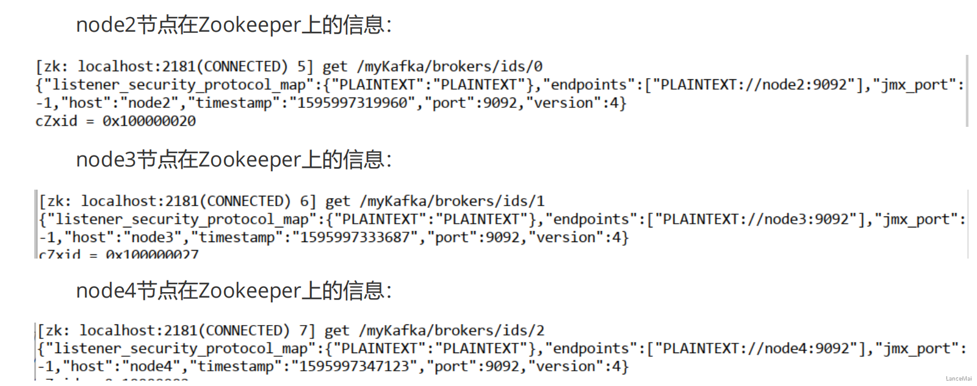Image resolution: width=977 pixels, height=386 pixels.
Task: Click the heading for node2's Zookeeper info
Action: point(234,25)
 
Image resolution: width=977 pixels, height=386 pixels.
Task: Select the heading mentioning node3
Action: point(234,160)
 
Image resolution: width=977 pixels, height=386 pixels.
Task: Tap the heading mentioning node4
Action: point(234,291)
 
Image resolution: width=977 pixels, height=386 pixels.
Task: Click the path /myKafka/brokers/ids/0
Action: point(450,66)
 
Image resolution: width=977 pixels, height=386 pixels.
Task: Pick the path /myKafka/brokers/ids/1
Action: point(452,201)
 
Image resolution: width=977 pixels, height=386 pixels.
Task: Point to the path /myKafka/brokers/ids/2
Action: point(452,331)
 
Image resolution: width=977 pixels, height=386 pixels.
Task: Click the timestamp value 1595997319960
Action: point(352,103)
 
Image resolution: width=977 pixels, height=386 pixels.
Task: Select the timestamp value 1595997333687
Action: point(355,237)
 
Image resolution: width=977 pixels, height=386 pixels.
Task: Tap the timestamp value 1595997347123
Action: point(355,366)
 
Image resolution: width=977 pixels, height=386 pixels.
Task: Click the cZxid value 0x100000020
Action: point(149,121)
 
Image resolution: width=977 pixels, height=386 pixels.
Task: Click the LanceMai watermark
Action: point(958,379)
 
